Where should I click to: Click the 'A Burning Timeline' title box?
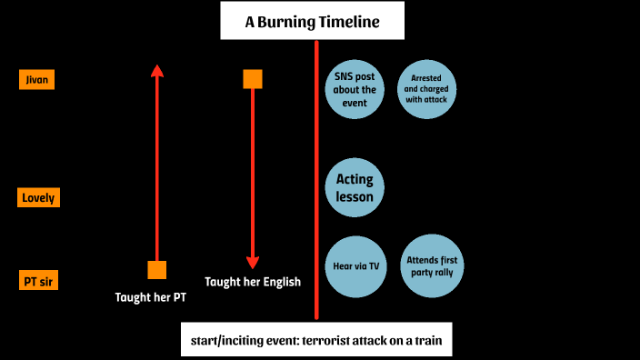[312, 22]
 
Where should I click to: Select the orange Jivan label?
[37, 80]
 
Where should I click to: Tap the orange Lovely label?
[39, 197]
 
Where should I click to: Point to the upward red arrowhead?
[156, 71]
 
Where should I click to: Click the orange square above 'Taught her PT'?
[156, 269]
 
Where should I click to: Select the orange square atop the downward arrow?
[253, 79]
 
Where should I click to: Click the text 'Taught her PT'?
[151, 297]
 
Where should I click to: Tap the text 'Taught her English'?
[253, 282]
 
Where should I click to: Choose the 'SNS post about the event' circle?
[355, 90]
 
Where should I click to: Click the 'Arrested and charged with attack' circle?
[427, 90]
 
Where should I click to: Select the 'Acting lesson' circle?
[355, 187]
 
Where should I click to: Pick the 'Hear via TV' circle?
[355, 267]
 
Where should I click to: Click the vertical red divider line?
[316, 182]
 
